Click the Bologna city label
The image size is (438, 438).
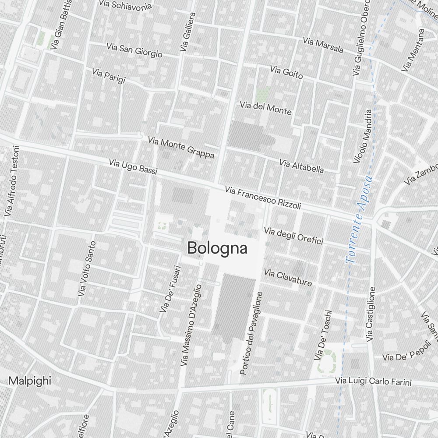tap(217, 248)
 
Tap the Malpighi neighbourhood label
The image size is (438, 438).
tap(30, 381)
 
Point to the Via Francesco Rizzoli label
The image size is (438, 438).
tap(263, 198)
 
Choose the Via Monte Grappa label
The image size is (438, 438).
tap(181, 148)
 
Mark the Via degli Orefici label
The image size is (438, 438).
tap(293, 235)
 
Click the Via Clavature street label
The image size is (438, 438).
tap(288, 278)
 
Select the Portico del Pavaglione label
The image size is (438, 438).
tap(251, 333)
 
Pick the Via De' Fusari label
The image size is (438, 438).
tap(170, 289)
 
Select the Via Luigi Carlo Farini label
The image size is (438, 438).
tap(374, 381)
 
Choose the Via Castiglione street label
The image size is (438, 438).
tap(371, 314)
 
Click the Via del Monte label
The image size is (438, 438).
tap(265, 108)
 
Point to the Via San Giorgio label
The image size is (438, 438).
tap(134, 50)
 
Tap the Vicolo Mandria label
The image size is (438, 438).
tap(362, 136)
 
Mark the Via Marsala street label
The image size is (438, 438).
tap(323, 45)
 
